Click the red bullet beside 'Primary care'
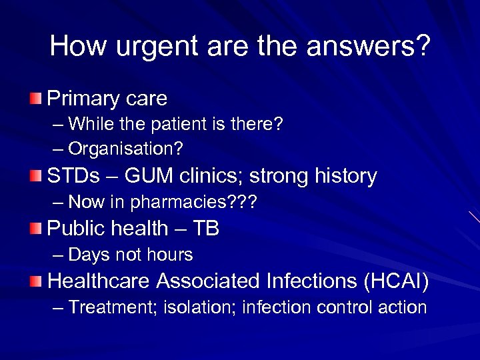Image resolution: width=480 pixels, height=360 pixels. [x=35, y=99]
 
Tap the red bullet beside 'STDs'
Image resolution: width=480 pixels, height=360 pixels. [x=35, y=177]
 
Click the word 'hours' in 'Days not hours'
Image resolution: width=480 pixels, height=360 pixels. [x=171, y=255]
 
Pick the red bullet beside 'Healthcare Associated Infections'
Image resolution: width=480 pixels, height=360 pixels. [x=35, y=282]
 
